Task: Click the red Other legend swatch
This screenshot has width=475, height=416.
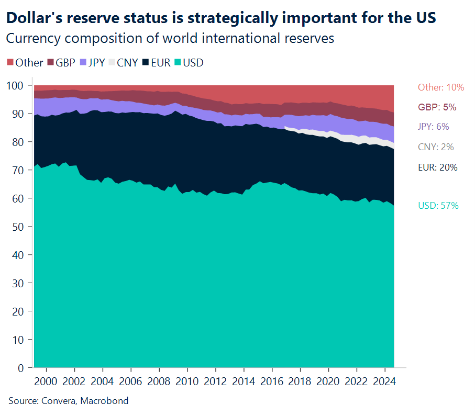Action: pyautogui.click(x=10, y=63)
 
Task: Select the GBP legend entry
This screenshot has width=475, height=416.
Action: pyautogui.click(x=61, y=63)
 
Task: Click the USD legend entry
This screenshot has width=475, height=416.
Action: pyautogui.click(x=188, y=63)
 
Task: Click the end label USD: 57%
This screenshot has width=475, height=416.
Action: pyautogui.click(x=438, y=206)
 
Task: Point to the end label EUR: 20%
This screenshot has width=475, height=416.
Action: pyautogui.click(x=438, y=167)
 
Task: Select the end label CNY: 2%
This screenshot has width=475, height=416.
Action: pyautogui.click(x=436, y=147)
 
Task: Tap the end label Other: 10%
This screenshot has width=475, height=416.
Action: pyautogui.click(x=441, y=87)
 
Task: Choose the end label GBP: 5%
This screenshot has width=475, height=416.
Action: pyautogui.click(x=437, y=107)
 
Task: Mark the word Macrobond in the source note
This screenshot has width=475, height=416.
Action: pyautogui.click(x=106, y=401)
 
